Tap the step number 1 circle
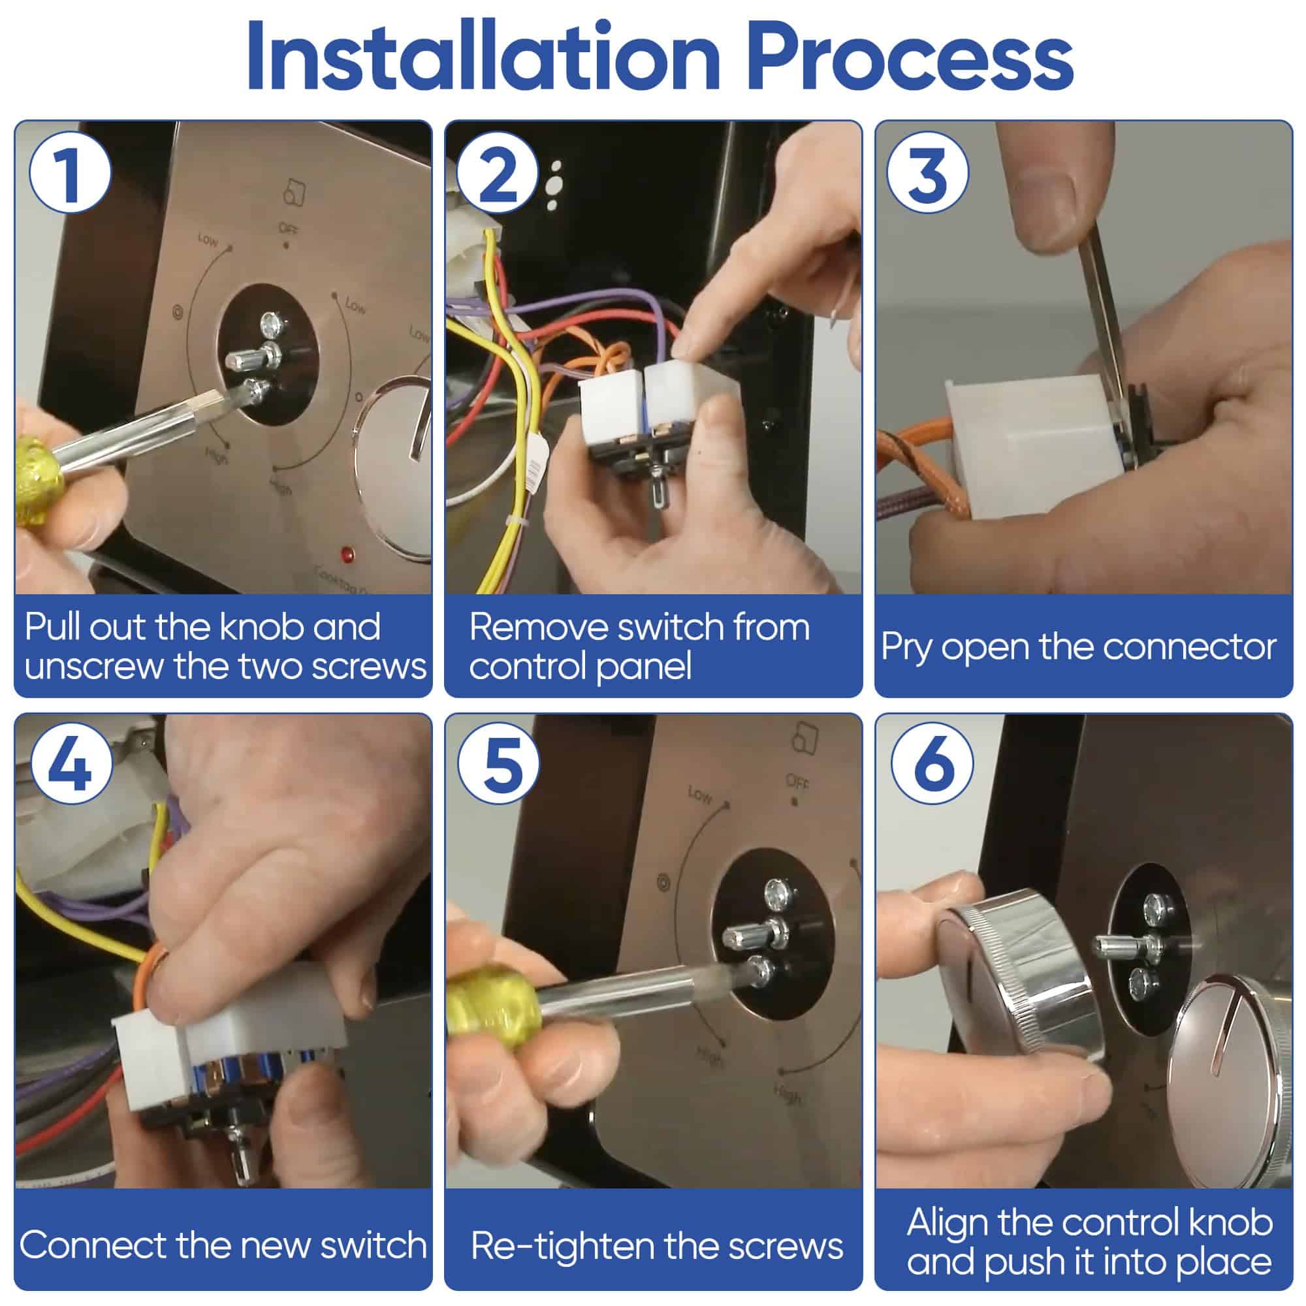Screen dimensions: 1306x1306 click(x=70, y=172)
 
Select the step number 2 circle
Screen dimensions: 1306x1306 click(x=498, y=174)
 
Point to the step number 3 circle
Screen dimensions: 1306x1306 click(x=928, y=174)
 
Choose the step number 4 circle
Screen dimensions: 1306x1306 click(x=71, y=767)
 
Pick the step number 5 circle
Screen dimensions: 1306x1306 click(x=500, y=766)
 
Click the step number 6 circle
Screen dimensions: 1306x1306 click(x=932, y=766)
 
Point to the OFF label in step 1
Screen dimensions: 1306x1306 click(x=289, y=230)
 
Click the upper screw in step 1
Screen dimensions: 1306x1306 click(x=273, y=324)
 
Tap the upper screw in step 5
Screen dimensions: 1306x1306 click(x=780, y=895)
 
